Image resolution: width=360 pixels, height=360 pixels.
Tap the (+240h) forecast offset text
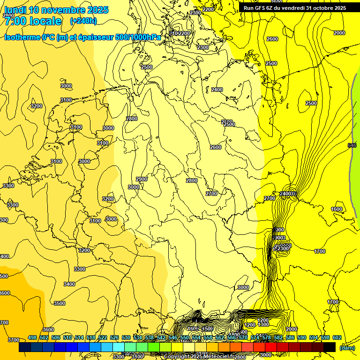[x=83, y=21]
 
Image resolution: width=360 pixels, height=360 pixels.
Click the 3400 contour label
[x=69, y=284]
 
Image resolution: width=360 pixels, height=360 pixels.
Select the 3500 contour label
[x=60, y=303]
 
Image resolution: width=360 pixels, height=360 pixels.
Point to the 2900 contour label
[x=142, y=179]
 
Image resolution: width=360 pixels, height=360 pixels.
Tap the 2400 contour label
[x=217, y=90]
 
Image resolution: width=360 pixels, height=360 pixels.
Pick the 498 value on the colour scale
[x=32, y=337]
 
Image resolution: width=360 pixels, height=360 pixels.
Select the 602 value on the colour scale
[x=337, y=337]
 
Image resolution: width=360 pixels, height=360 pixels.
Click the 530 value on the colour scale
[x=126, y=337]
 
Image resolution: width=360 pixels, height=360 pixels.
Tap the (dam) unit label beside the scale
[x=347, y=347]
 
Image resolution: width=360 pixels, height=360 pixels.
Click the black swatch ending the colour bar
[x=329, y=347]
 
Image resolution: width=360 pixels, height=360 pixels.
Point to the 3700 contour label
[x=14, y=340]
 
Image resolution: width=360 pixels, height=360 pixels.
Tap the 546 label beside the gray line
[x=352, y=145]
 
